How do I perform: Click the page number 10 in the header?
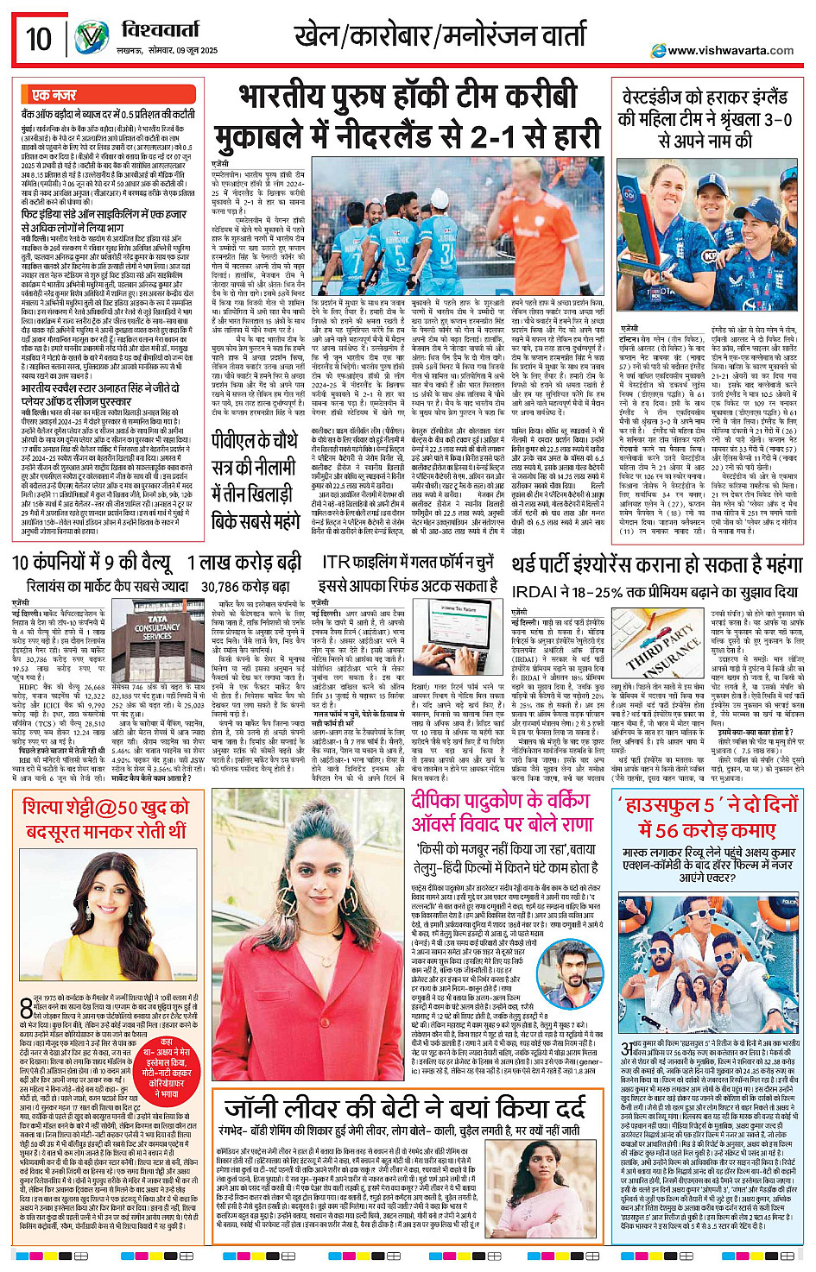coord(39,38)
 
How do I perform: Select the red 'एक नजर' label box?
coord(54,94)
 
